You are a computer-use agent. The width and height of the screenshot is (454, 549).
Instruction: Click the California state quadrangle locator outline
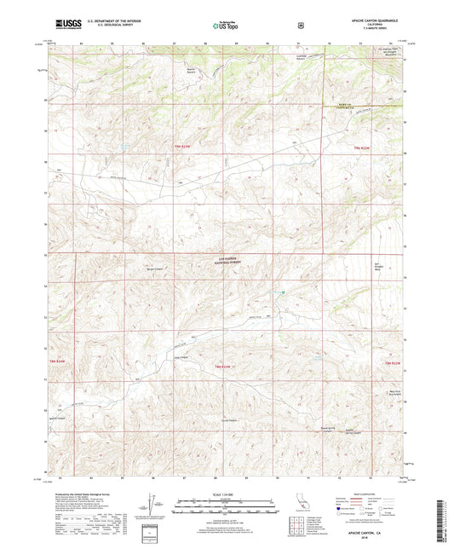pyautogui.click(x=300, y=505)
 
